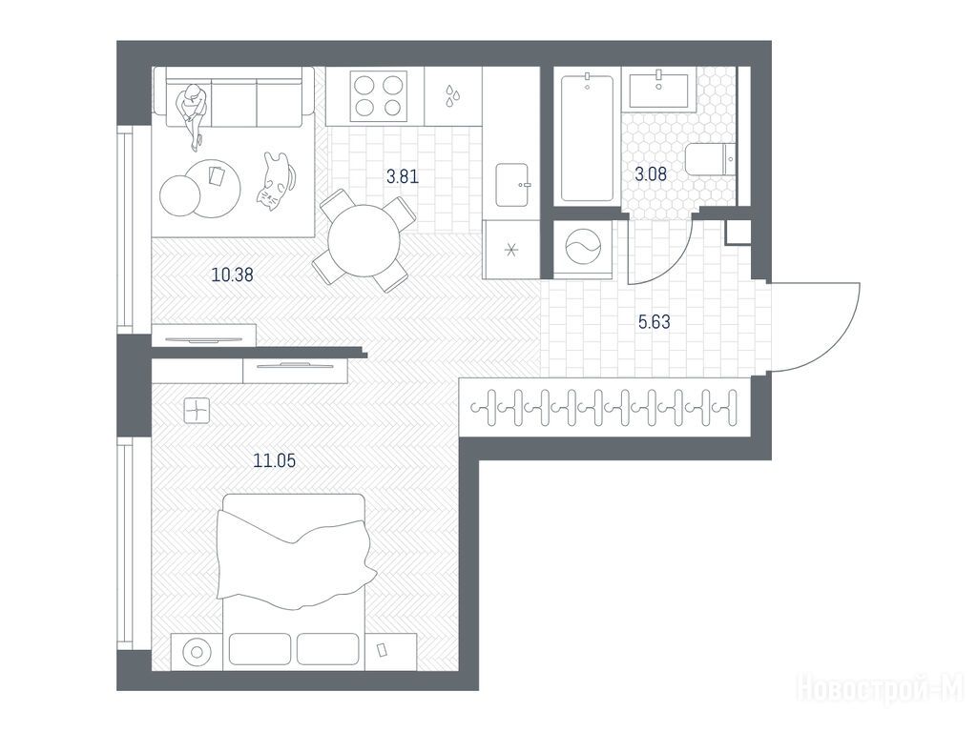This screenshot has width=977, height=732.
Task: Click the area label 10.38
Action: pyautogui.click(x=233, y=274)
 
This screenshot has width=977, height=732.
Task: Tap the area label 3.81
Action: pyautogui.click(x=403, y=176)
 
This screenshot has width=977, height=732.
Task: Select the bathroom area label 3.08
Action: pyautogui.click(x=651, y=173)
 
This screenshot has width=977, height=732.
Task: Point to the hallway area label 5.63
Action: pyautogui.click(x=655, y=322)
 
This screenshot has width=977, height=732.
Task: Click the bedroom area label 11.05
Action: pyautogui.click(x=274, y=460)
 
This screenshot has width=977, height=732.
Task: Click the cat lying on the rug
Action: pyautogui.click(x=275, y=180)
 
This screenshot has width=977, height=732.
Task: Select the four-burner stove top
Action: pyautogui.click(x=378, y=96)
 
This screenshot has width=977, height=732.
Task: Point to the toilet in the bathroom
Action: pyautogui.click(x=711, y=160)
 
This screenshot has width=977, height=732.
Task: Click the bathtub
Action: pyautogui.click(x=587, y=137)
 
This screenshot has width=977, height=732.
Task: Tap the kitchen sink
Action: pyautogui.click(x=512, y=184)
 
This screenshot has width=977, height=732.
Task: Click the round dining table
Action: pyautogui.click(x=364, y=241)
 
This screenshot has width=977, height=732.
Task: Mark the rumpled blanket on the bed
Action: pyautogui.click(x=296, y=556)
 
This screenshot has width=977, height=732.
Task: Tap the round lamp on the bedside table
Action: pyautogui.click(x=197, y=652)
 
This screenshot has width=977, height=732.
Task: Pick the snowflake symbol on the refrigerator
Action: pyautogui.click(x=511, y=251)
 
